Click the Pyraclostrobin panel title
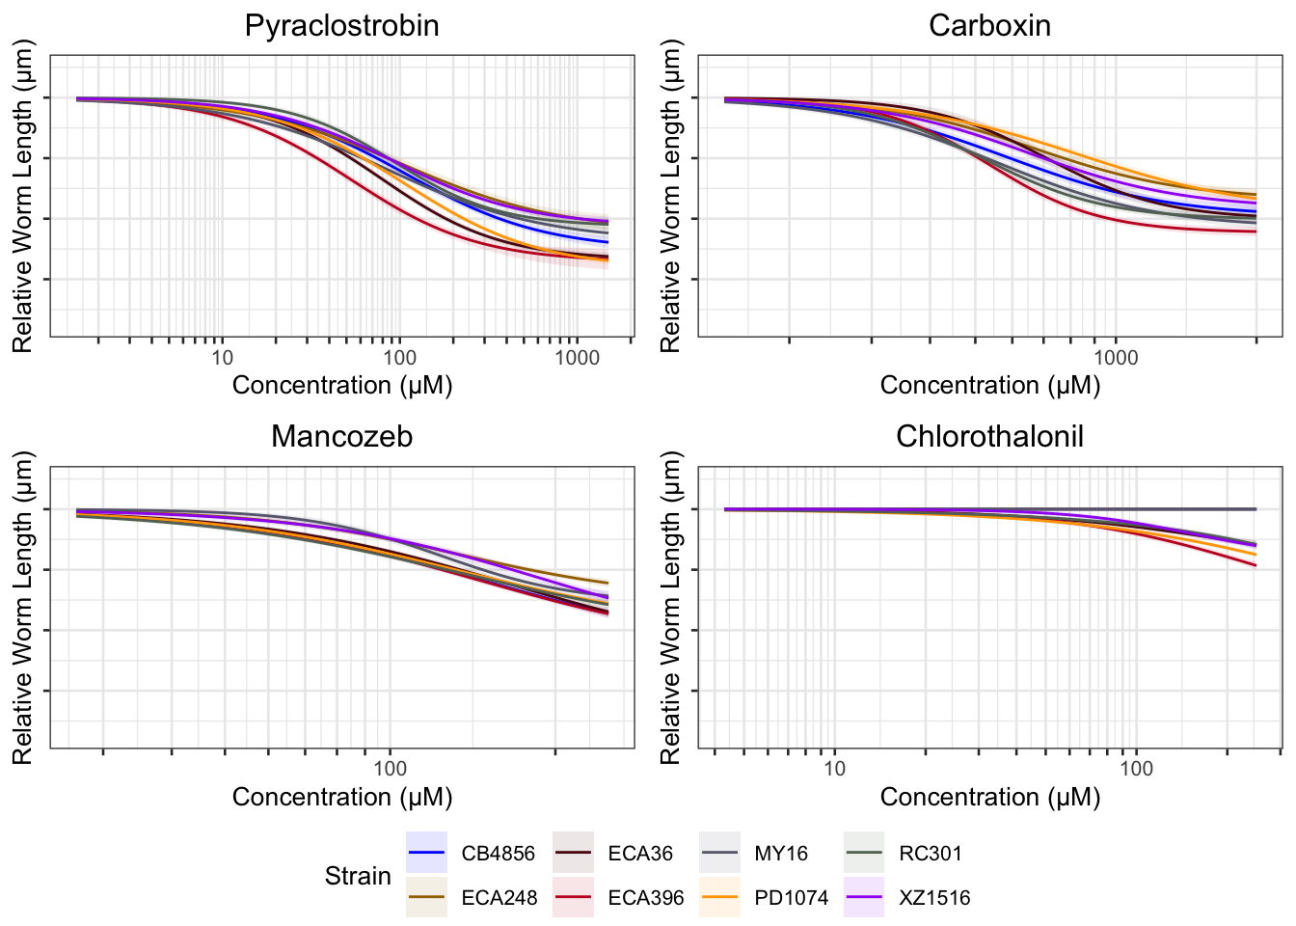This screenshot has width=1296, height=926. [x=342, y=26]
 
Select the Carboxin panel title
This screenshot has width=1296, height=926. [x=989, y=26]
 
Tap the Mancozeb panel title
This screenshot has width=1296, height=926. [x=342, y=437]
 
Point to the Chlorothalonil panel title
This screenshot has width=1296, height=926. [x=989, y=437]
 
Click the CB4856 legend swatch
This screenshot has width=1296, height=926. [x=426, y=853]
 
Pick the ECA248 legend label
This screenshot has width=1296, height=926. [x=499, y=898]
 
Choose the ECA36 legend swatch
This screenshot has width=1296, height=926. [x=573, y=853]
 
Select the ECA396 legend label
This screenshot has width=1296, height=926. [x=646, y=898]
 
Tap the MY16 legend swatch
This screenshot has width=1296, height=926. [x=719, y=853]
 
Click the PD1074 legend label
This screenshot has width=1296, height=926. [x=792, y=898]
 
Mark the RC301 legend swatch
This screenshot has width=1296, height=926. [x=864, y=853]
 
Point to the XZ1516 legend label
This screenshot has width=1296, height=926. [x=935, y=898]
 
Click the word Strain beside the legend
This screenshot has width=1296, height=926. [x=358, y=876]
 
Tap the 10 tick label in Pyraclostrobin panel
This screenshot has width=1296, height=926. [x=222, y=358]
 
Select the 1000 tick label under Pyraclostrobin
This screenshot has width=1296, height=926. [x=577, y=358]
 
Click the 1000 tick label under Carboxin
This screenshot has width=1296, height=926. [x=1116, y=358]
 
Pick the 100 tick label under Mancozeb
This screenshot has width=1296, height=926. [x=390, y=769]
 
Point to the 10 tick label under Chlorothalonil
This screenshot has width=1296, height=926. [x=834, y=769]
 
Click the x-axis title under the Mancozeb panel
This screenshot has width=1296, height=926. [x=342, y=797]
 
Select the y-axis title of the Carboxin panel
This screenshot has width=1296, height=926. [x=671, y=196]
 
